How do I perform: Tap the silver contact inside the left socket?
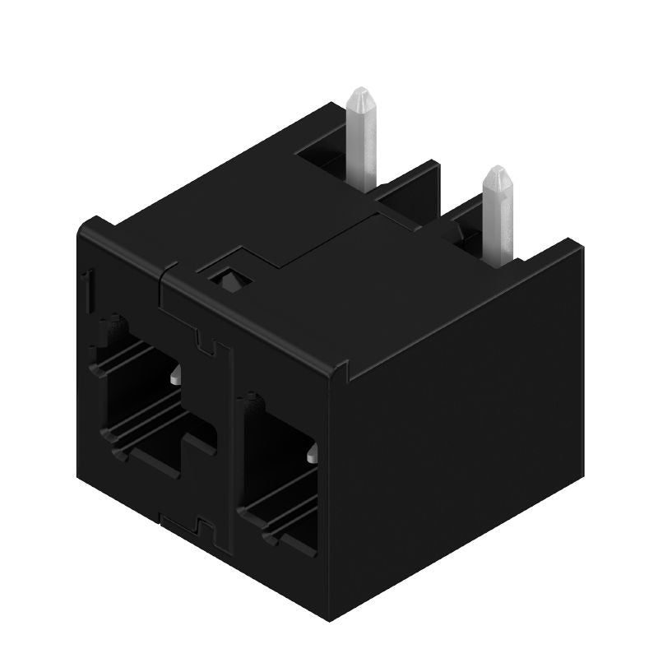click(x=177, y=378)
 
